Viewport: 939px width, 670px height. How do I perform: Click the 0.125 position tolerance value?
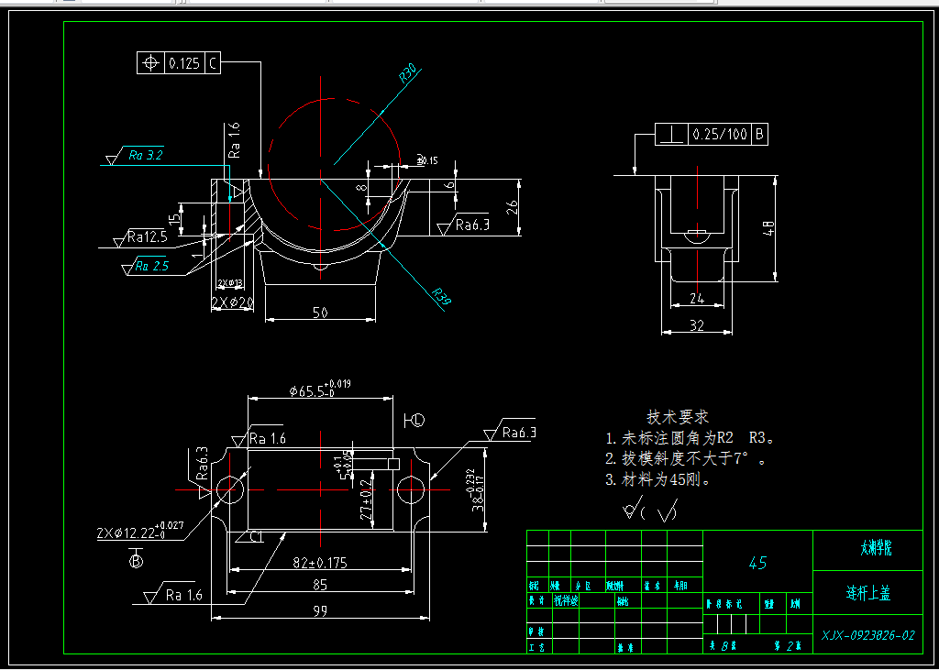183,63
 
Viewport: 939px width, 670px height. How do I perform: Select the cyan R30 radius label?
408,73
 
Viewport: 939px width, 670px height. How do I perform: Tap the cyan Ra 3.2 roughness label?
146,156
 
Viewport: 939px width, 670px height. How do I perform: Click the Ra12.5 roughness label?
148,236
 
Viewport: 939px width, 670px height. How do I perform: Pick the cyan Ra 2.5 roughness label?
152,267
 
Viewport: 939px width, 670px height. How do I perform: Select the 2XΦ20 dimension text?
233,302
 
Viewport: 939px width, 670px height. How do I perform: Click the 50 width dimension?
320,313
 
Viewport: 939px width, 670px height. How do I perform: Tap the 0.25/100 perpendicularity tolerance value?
720,135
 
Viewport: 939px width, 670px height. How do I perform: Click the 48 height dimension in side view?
769,226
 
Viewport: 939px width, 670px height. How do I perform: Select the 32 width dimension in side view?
697,324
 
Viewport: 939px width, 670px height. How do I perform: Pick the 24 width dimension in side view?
697,298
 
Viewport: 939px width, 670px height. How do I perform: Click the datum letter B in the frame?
759,135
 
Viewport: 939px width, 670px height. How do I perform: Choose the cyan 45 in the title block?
757,563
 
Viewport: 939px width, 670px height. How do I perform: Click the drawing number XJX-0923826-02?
867,634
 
